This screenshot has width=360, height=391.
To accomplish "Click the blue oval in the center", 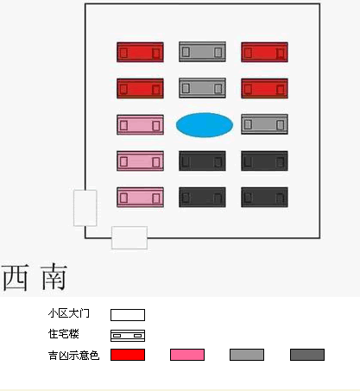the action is pos(205,125).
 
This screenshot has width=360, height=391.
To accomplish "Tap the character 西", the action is pos(16,277).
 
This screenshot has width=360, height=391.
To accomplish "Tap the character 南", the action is pos(54,277).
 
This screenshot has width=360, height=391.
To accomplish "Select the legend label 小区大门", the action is pos(69,313).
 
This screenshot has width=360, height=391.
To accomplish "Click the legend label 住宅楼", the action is pos(64,334).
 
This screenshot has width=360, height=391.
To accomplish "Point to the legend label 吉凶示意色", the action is pos(74,356).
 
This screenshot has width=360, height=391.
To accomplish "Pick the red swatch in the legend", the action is pos(128,355).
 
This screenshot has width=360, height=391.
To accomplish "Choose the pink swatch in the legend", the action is pos(187,355).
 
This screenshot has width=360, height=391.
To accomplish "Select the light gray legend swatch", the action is pos(247,355).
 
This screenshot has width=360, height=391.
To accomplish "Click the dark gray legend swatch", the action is pos(307,355).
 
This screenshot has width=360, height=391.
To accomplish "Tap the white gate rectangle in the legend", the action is pos(128,315).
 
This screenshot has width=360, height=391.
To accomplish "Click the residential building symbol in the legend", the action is pos(128,336).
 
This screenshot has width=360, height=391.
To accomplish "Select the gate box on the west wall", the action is pos(85,208).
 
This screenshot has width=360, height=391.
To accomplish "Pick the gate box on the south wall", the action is pos(129,237).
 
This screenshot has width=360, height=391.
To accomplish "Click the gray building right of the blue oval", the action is pos(264,124).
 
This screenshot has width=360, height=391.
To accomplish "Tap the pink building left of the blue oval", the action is pos(140,124).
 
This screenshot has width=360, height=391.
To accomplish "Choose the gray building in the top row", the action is pos(202,52).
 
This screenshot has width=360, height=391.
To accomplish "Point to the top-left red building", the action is pos(140,52).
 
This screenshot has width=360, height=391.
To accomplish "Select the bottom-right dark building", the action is pos(264,198).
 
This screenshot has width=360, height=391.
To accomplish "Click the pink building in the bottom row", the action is pos(140,198).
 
